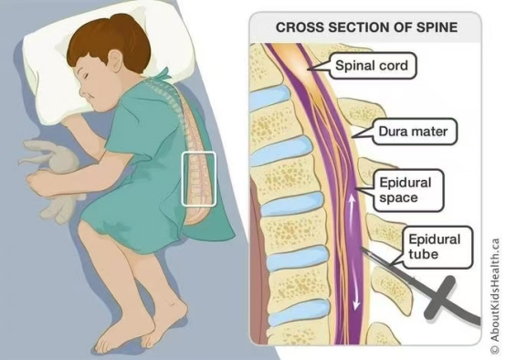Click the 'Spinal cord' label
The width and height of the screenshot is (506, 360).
tap(372, 66)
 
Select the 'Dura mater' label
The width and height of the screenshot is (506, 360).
tap(413, 132)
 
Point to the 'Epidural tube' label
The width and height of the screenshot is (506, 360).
tap(435, 247)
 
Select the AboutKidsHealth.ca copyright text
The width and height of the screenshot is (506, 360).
tap(495, 295)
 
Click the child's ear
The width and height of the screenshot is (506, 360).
tap(114, 61)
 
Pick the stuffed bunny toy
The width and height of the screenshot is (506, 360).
tap(52, 177)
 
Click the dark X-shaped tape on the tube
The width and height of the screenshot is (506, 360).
tap(440, 298)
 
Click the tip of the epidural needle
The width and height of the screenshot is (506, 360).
tap(361, 248)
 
